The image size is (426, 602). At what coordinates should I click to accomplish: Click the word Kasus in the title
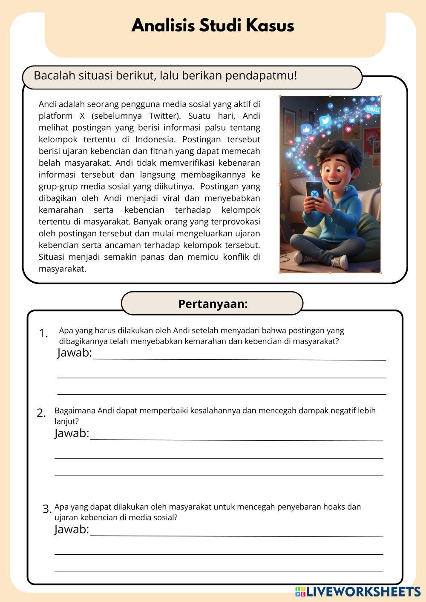point(271,26)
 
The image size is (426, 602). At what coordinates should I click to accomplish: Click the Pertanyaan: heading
point(213,304)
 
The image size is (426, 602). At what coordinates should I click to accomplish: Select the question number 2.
point(41,413)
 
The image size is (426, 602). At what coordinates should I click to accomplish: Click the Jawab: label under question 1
point(75,353)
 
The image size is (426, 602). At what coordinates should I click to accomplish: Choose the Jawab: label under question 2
point(72,433)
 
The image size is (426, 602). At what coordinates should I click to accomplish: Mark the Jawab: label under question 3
point(72,529)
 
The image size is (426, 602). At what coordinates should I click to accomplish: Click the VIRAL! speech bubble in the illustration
point(372,109)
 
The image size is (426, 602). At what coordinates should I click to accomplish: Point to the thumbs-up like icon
point(306,129)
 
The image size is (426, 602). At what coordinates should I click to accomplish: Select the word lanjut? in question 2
point(67,421)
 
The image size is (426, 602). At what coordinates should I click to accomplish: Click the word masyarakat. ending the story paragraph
point(63,269)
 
